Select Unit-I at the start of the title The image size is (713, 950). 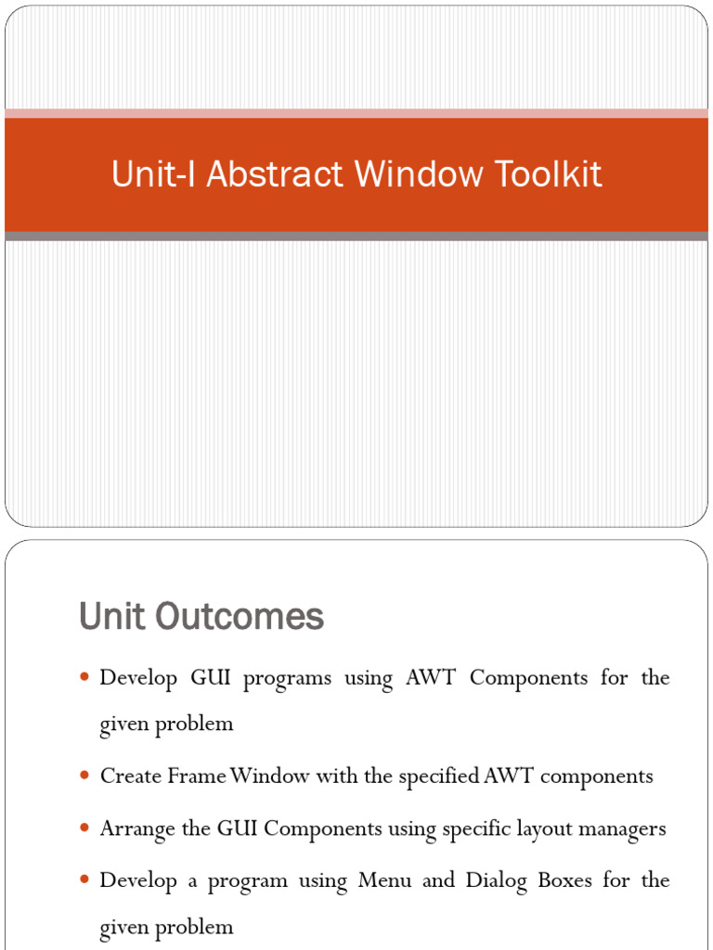(x=154, y=174)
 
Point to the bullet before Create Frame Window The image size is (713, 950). (x=85, y=777)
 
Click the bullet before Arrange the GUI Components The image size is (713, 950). (x=85, y=828)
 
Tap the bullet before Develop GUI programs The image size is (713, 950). (x=85, y=678)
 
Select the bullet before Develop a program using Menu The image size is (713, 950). (x=85, y=880)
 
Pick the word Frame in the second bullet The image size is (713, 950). (x=196, y=777)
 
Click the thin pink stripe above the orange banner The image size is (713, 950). (x=356, y=113)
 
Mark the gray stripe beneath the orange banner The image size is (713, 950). (x=356, y=237)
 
